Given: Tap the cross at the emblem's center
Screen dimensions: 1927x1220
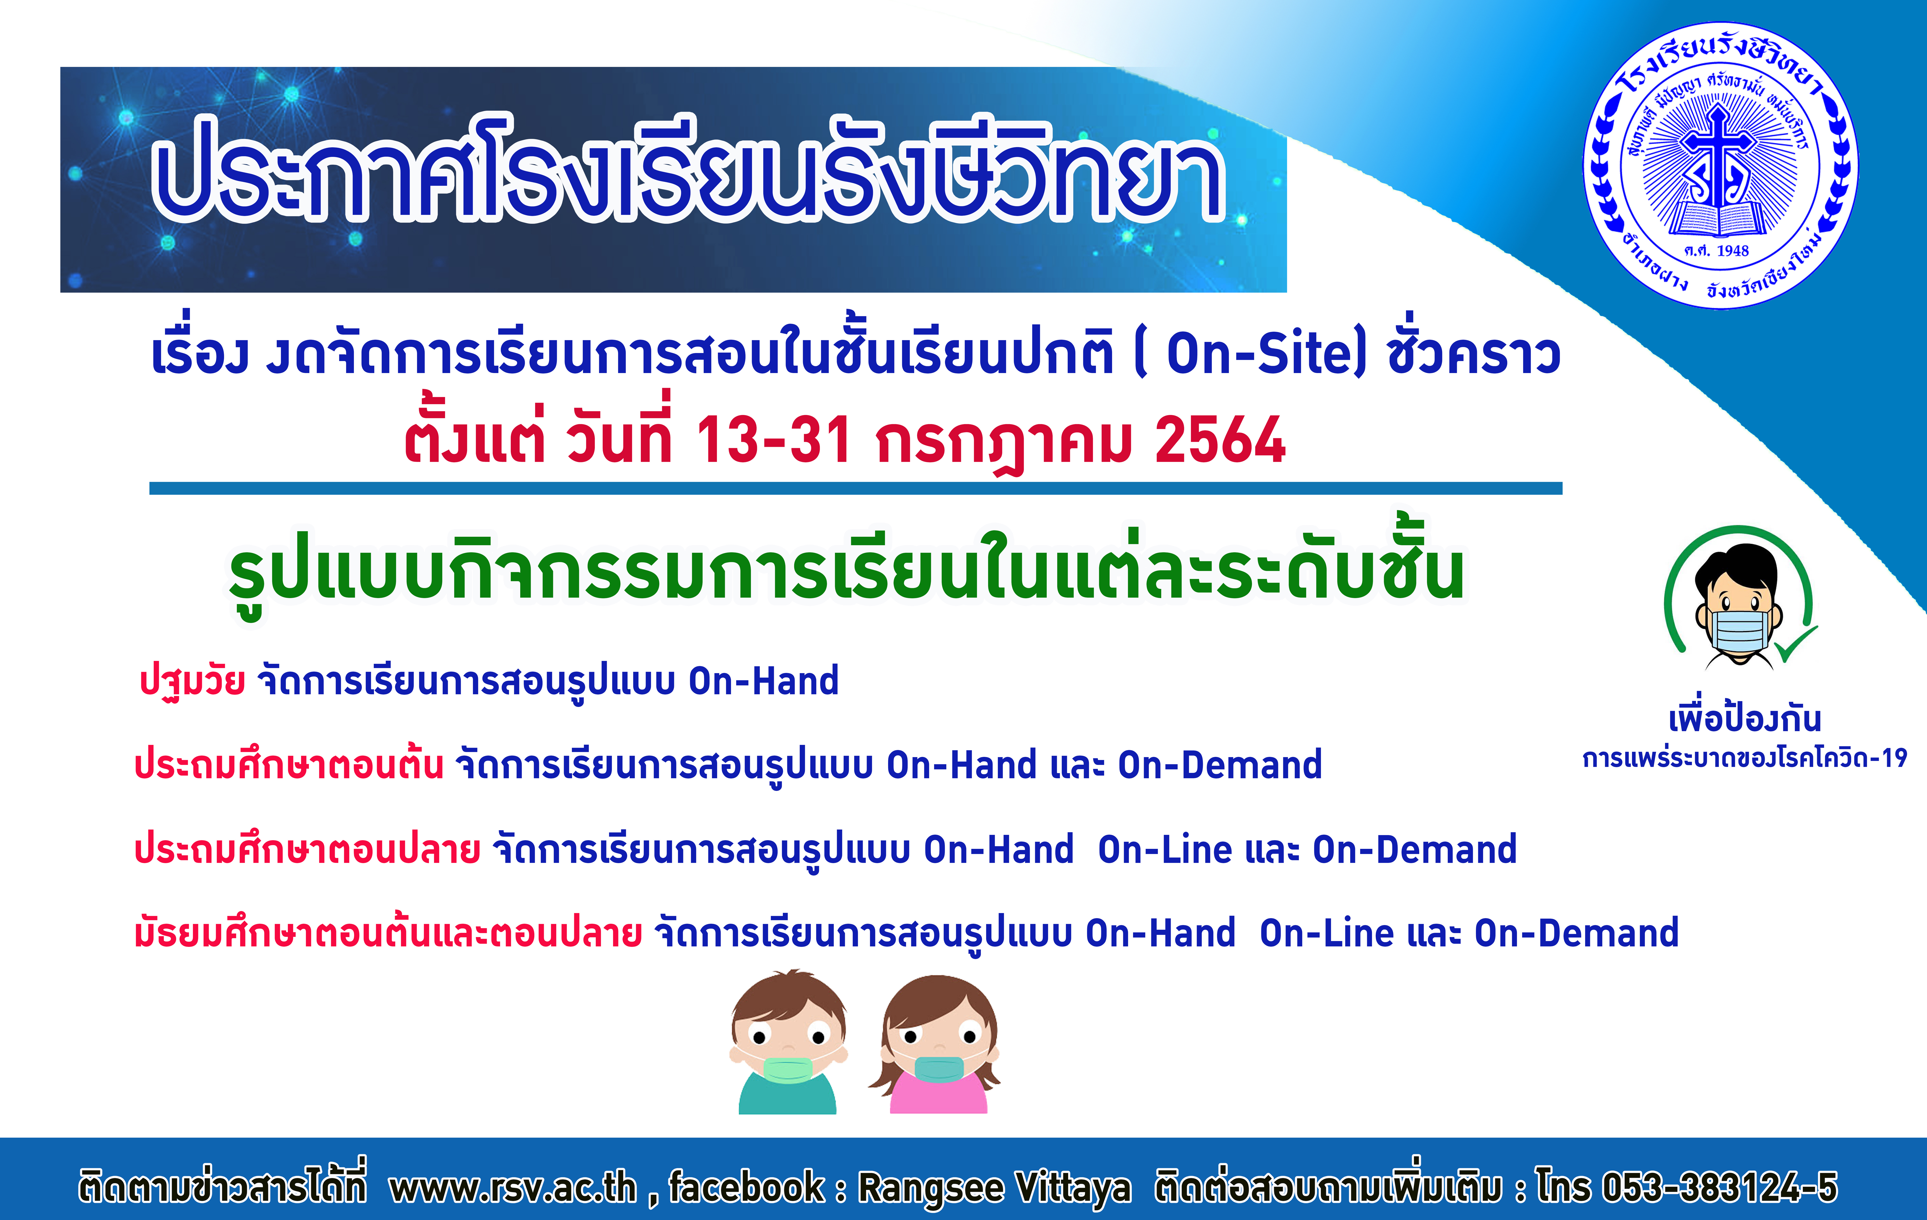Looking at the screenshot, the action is coord(1717,156).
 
